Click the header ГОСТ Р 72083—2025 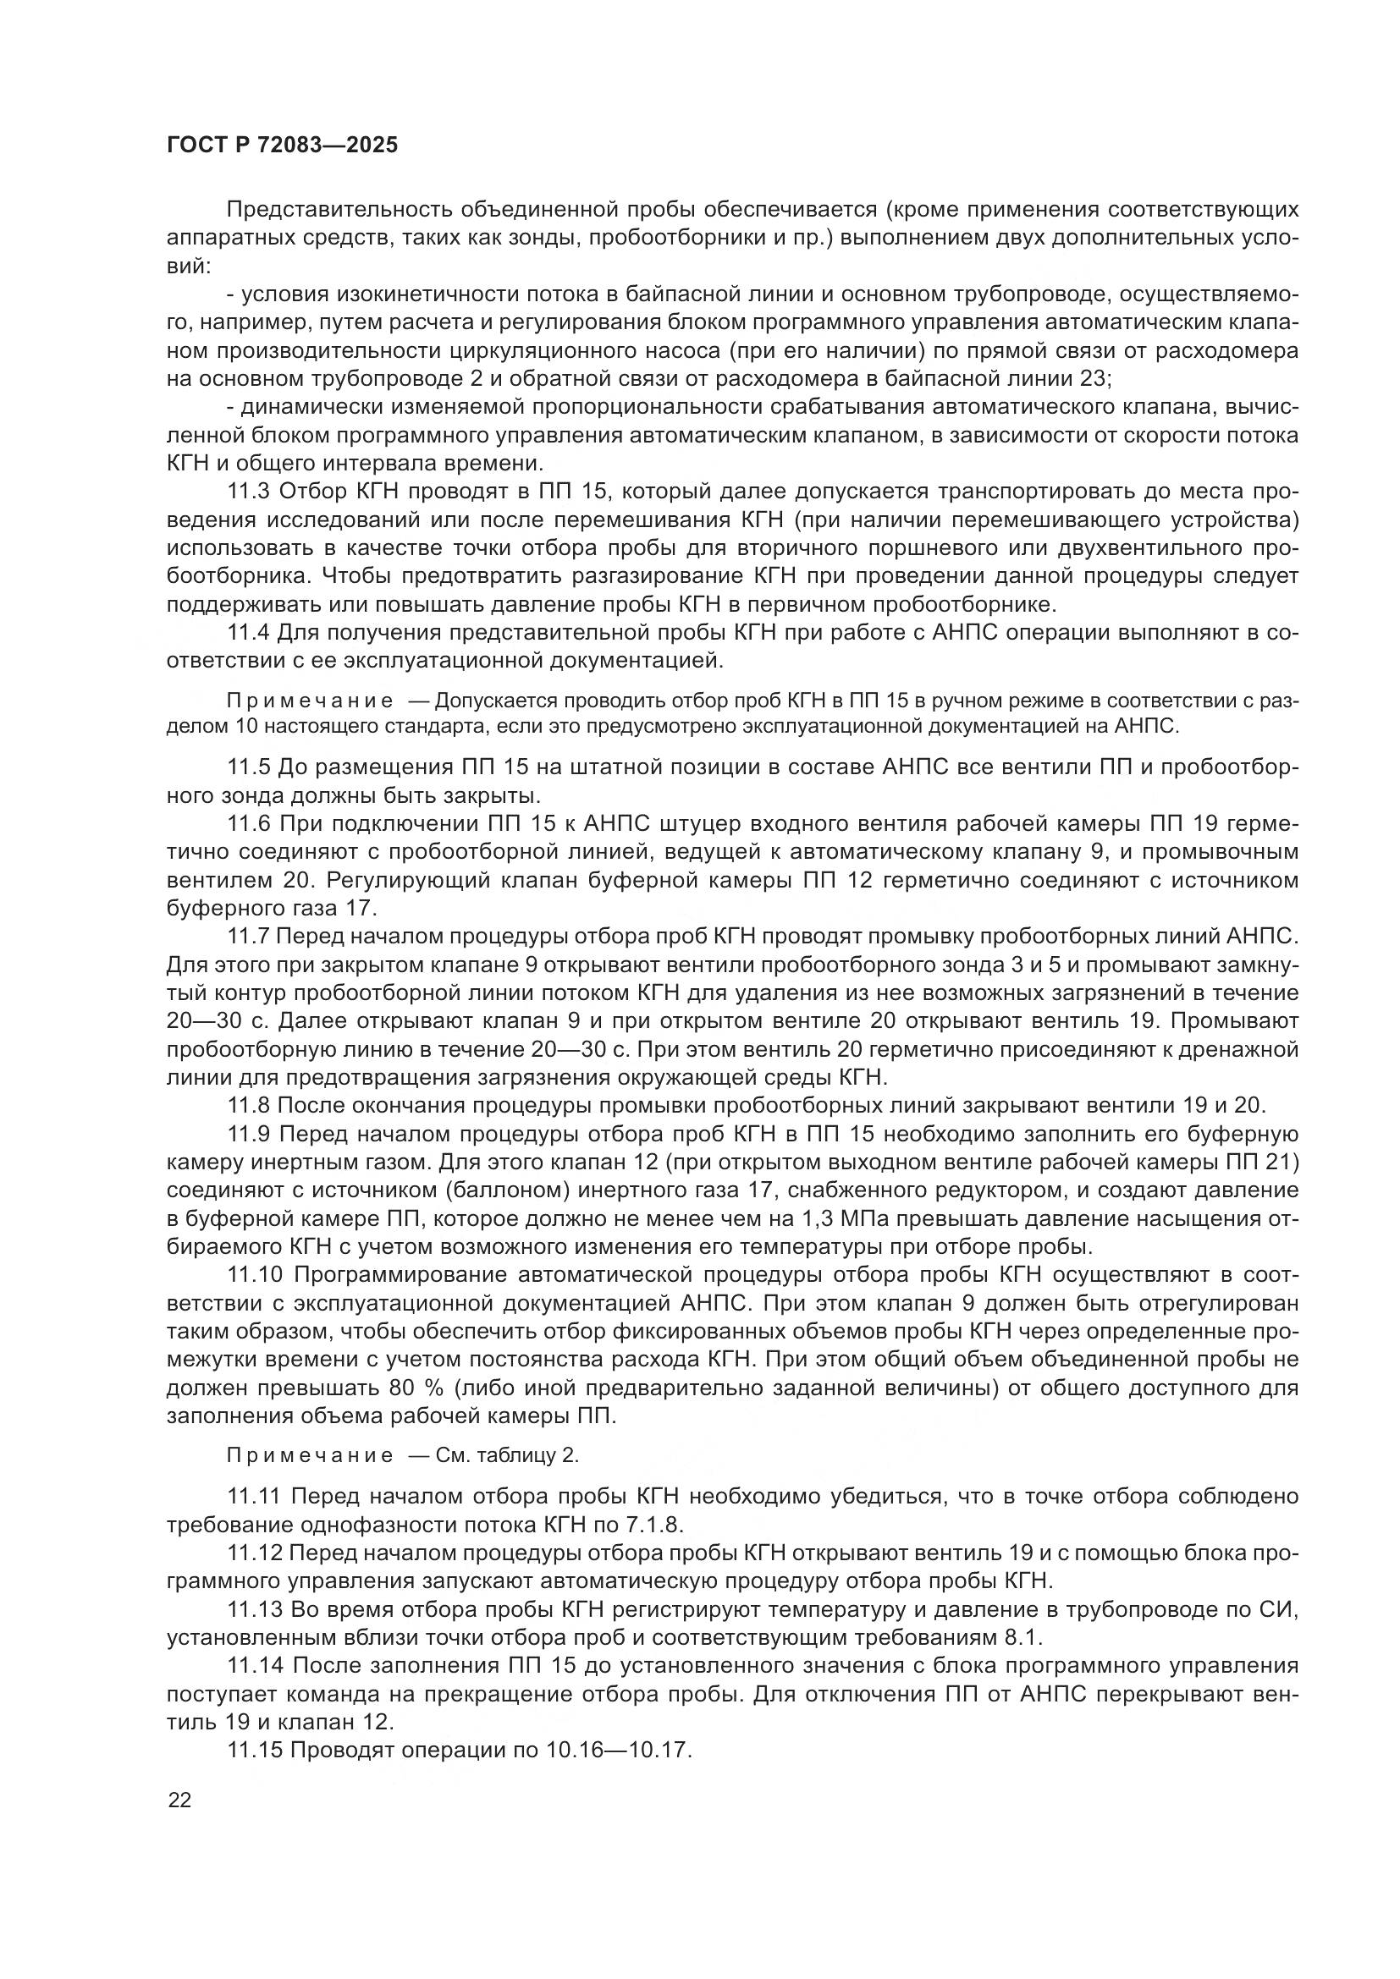(x=282, y=146)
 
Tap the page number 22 (x=180, y=1800)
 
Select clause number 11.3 (x=248, y=492)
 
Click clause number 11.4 (x=248, y=633)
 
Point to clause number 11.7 (x=248, y=936)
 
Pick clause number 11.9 (x=248, y=1135)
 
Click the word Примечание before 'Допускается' (x=310, y=701)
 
